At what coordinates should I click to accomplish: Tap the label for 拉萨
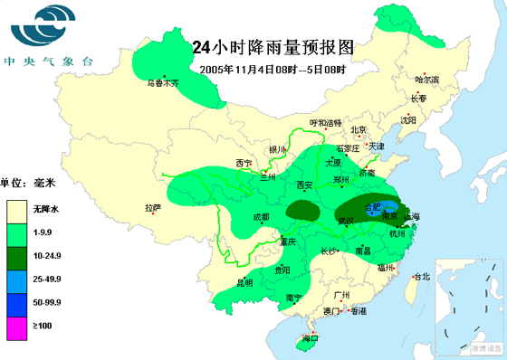tap(152, 207)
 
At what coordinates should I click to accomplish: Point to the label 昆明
tap(244, 282)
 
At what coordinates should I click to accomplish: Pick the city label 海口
tap(311, 338)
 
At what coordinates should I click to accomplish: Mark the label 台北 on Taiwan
tap(421, 277)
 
